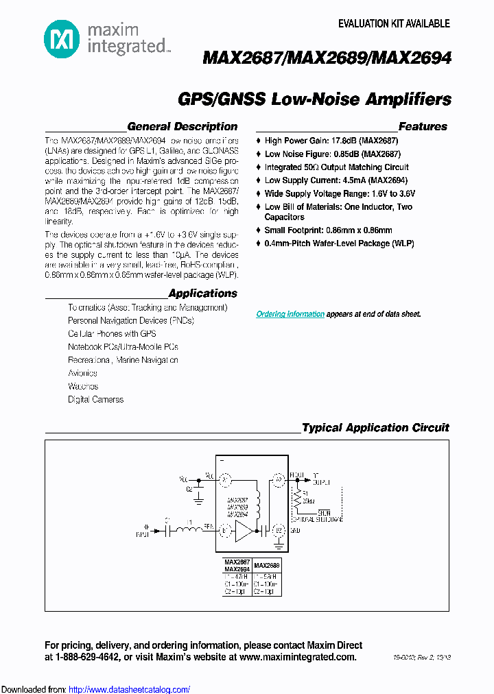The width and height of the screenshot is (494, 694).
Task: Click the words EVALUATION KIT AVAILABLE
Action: click(394, 24)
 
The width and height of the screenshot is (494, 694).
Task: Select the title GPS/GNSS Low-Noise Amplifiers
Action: click(314, 99)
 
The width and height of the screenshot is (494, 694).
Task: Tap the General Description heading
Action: click(182, 127)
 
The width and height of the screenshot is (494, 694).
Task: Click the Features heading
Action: click(423, 127)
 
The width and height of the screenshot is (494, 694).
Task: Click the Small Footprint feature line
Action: click(328, 230)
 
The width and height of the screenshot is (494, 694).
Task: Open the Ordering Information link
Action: click(290, 314)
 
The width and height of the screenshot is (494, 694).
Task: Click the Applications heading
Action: click(202, 294)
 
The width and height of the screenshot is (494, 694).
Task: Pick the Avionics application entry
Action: click(82, 373)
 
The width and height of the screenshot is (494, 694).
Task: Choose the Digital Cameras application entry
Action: click(95, 399)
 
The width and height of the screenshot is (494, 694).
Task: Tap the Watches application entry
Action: click(82, 386)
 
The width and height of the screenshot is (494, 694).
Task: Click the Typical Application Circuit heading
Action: click(375, 428)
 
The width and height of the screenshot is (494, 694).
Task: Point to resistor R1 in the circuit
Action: click(297, 495)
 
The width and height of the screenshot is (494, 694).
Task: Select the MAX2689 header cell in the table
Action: click(266, 566)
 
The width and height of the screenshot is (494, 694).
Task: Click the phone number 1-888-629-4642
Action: click(87, 657)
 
